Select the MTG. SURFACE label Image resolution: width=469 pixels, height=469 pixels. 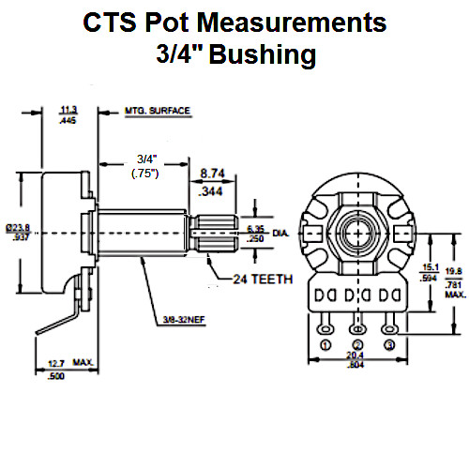pyautogui.click(x=157, y=111)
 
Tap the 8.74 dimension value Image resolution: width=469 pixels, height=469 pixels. pyautogui.click(x=212, y=174)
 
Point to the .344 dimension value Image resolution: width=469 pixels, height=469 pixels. pyautogui.click(x=212, y=192)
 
